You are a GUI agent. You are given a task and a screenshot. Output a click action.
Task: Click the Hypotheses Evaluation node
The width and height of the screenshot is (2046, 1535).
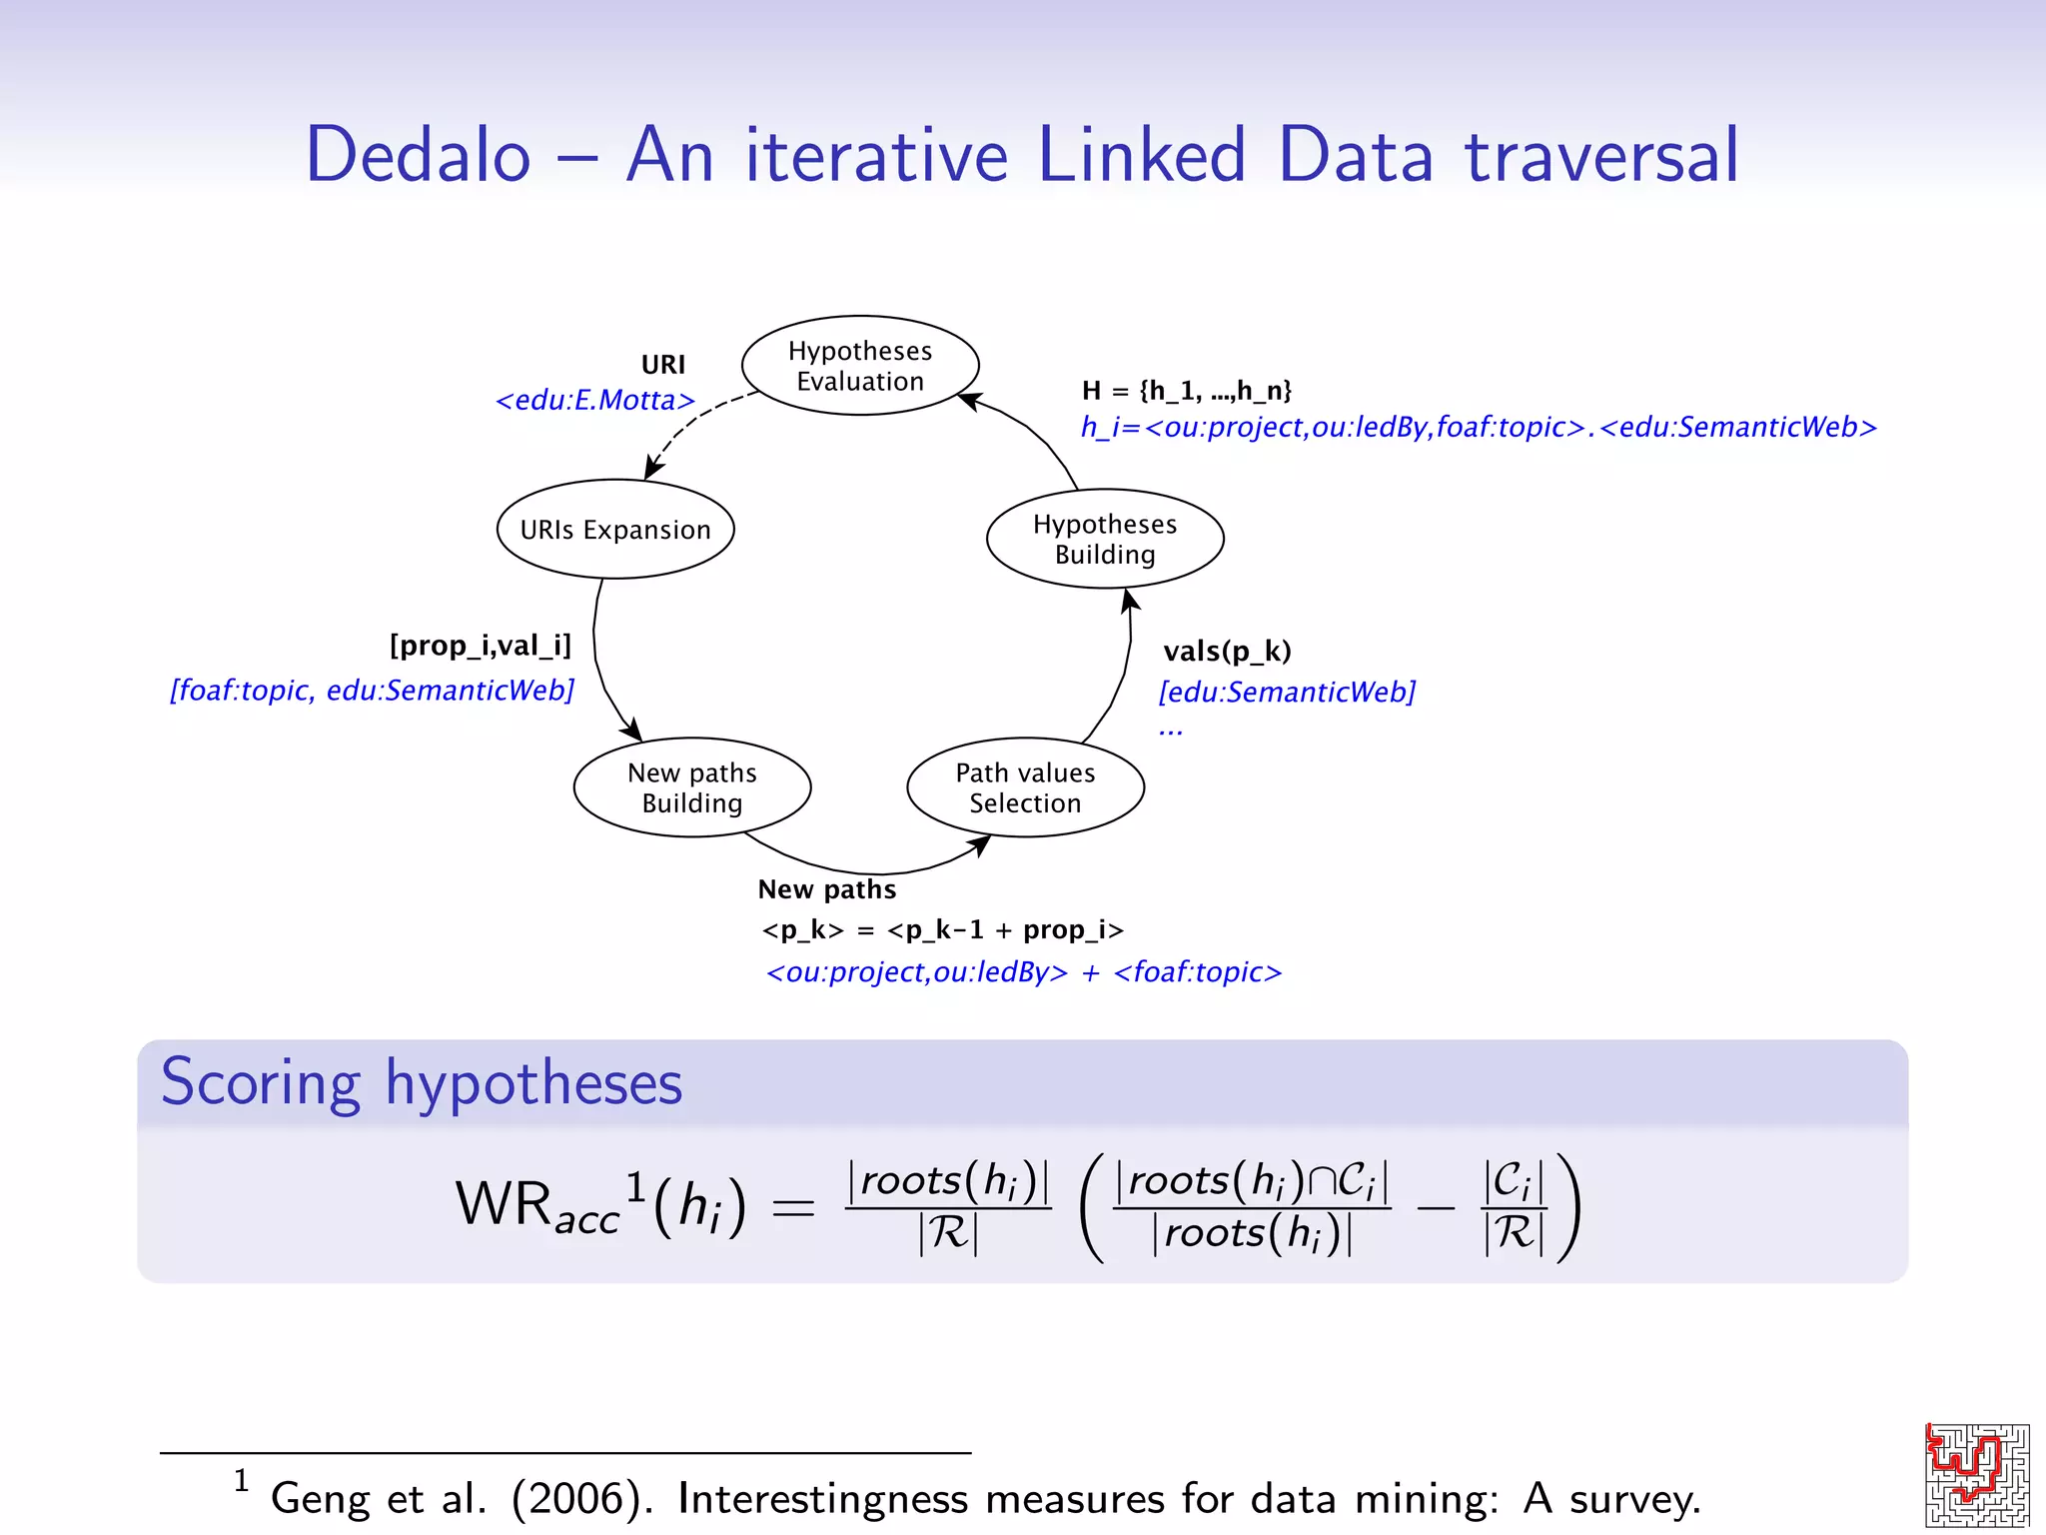[860, 366]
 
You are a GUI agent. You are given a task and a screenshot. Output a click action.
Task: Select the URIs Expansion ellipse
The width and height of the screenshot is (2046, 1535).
[615, 530]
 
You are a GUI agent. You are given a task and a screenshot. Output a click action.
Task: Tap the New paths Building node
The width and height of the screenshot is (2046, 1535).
[692, 787]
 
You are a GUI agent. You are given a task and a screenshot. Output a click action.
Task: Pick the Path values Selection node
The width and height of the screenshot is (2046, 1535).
[1025, 787]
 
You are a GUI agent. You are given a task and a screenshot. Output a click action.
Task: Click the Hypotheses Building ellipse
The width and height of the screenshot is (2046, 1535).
[1105, 539]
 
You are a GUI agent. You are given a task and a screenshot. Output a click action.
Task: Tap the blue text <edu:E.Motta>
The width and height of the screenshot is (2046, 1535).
[595, 401]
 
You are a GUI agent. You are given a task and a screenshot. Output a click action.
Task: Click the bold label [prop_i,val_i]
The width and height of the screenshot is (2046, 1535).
[481, 646]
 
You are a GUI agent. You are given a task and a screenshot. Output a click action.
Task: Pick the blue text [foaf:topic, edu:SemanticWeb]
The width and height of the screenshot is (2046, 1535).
[372, 691]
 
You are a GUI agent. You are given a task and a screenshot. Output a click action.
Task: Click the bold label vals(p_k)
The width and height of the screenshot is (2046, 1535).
[1227, 652]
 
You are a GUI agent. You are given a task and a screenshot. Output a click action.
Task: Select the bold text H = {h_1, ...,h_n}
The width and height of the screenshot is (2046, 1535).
[1187, 390]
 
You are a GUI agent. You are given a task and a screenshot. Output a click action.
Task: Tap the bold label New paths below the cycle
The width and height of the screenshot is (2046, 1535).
[827, 889]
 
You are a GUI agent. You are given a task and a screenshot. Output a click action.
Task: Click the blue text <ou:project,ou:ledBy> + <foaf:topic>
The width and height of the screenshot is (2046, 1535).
[1023, 972]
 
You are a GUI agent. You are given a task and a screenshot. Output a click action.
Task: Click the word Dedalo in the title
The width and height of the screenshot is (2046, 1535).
[418, 156]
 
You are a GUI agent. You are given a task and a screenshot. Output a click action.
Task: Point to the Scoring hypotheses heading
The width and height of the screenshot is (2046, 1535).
[422, 1083]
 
